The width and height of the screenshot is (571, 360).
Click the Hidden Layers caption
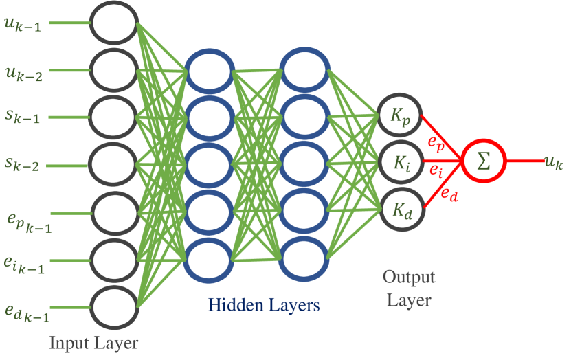pyautogui.click(x=264, y=304)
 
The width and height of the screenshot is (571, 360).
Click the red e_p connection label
pyautogui.click(x=435, y=144)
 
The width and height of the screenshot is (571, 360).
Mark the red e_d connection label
pyautogui.click(x=448, y=195)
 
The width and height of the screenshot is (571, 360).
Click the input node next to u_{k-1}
pyautogui.click(x=115, y=23)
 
